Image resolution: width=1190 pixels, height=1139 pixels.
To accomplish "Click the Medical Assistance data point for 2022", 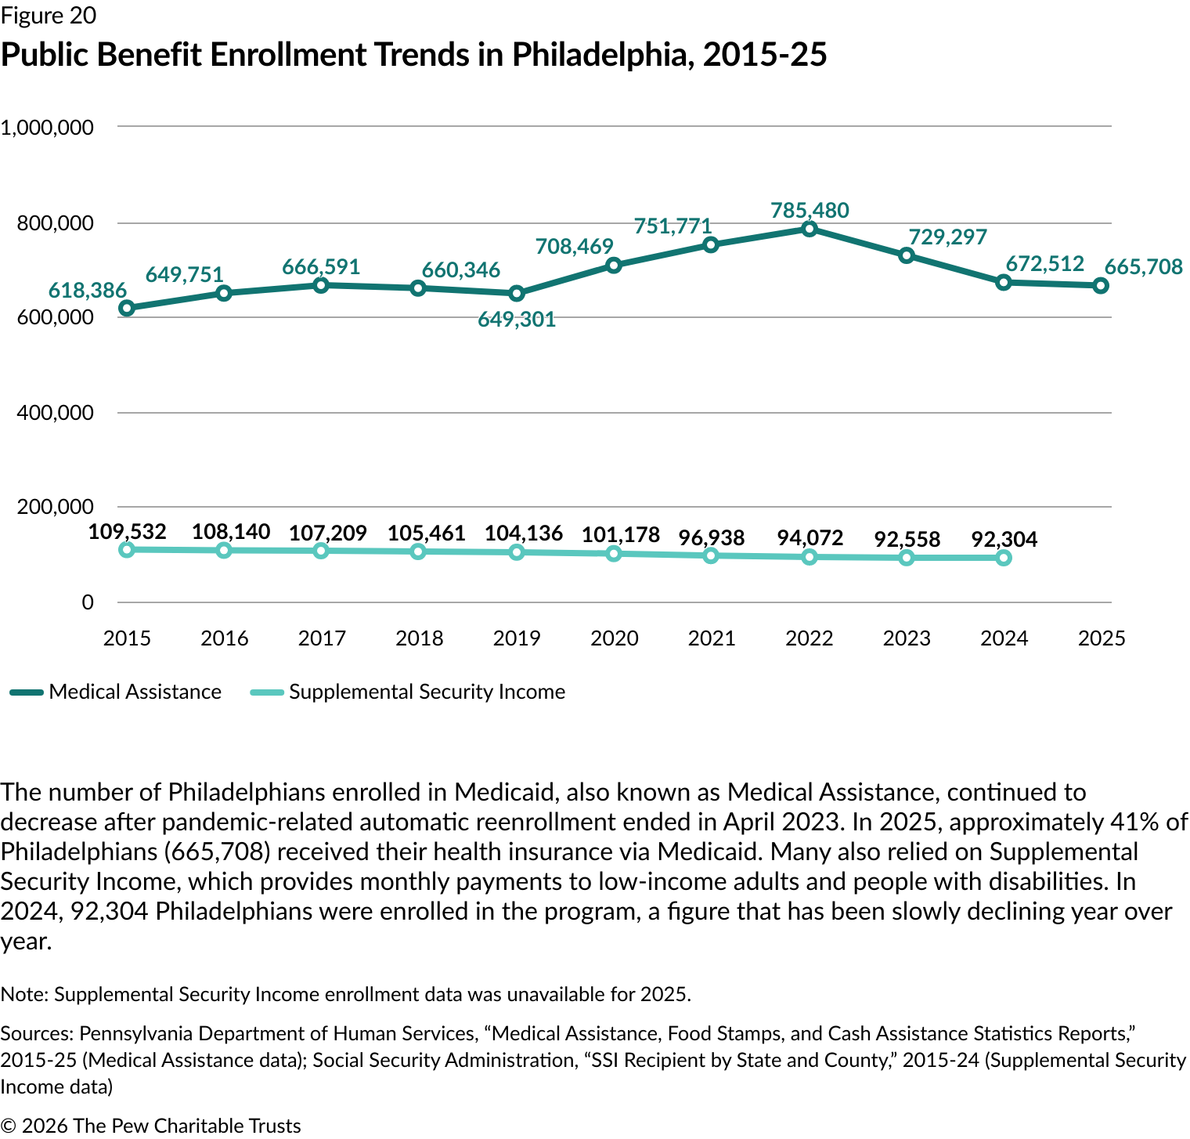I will [x=810, y=229].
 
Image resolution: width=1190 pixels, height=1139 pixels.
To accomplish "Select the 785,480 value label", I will [x=810, y=210].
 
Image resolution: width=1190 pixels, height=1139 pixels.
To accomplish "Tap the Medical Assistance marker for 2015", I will [x=126, y=308].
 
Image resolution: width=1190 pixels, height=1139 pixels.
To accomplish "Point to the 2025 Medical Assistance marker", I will [x=1101, y=286].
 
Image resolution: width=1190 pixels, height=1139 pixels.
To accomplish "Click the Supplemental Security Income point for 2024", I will [x=1004, y=558].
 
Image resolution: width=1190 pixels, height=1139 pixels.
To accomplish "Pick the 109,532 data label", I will [x=127, y=532].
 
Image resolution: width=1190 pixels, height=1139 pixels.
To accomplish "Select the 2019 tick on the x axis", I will [x=517, y=638].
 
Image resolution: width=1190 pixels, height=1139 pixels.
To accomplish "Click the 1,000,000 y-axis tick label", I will [x=47, y=127].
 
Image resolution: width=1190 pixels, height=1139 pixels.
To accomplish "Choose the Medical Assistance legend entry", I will [x=117, y=692].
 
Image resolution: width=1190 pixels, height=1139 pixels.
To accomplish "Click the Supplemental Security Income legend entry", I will [x=409, y=692].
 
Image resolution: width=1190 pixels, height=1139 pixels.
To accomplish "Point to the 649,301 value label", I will [x=517, y=319].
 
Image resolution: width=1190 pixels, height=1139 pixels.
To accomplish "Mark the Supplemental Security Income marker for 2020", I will [x=614, y=554].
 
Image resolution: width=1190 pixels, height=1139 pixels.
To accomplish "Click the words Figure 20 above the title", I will [x=49, y=16].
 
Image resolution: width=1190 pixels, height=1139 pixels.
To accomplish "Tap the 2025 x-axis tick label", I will [x=1101, y=638].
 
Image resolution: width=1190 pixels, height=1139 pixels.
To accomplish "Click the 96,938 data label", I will [x=711, y=538].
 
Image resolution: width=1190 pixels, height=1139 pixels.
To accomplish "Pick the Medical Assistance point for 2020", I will [x=614, y=266].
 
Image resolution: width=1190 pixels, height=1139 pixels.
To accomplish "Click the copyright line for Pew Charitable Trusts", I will [x=150, y=1126].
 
